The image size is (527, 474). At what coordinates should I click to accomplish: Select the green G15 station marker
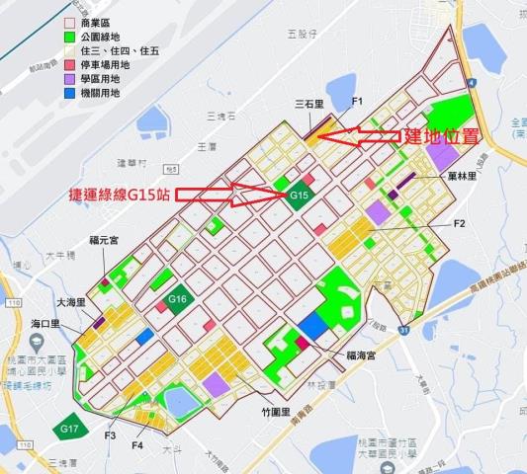pos(301,197)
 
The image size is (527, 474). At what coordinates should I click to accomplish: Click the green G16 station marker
pos(178,298)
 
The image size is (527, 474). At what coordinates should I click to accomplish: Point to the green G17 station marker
pos(68,428)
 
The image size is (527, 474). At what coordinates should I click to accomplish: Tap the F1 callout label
pos(358,102)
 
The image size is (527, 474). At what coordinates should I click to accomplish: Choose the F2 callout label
pos(459,224)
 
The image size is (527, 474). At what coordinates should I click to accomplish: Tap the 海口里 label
pos(45,323)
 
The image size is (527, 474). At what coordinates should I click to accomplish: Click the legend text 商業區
pos(102,21)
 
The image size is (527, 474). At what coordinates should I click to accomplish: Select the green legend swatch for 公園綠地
pos(69,36)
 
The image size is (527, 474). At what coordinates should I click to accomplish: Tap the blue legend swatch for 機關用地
pos(69,95)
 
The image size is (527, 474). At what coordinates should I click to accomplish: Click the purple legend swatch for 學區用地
pos(69,80)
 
